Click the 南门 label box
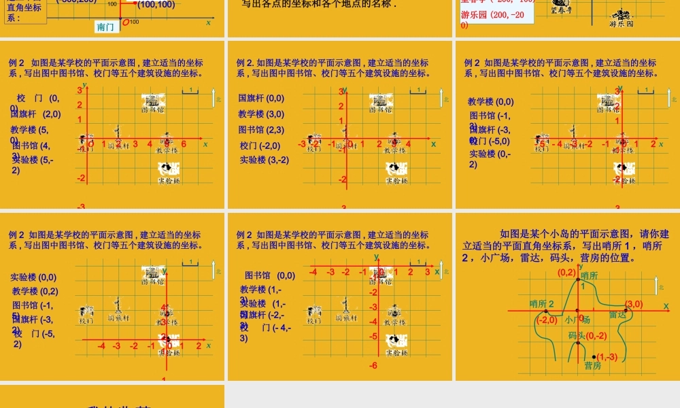[106, 27]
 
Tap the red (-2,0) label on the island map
[547, 320]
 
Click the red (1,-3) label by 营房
[607, 356]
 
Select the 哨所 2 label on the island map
[542, 303]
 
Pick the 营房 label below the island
[592, 366]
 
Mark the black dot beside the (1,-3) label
[594, 356]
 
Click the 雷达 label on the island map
[617, 314]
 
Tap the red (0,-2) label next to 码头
[596, 335]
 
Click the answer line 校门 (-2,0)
[260, 146]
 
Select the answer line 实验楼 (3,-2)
[264, 160]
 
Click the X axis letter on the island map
[666, 307]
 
